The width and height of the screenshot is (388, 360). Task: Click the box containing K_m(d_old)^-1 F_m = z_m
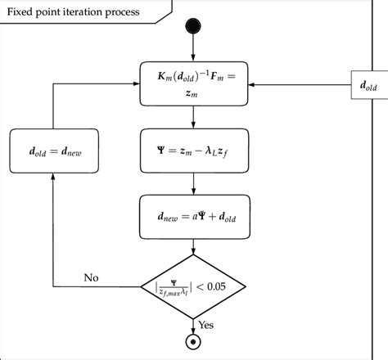192,83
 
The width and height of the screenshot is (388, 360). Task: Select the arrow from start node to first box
192,52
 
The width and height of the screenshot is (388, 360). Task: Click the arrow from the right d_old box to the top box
295,83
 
